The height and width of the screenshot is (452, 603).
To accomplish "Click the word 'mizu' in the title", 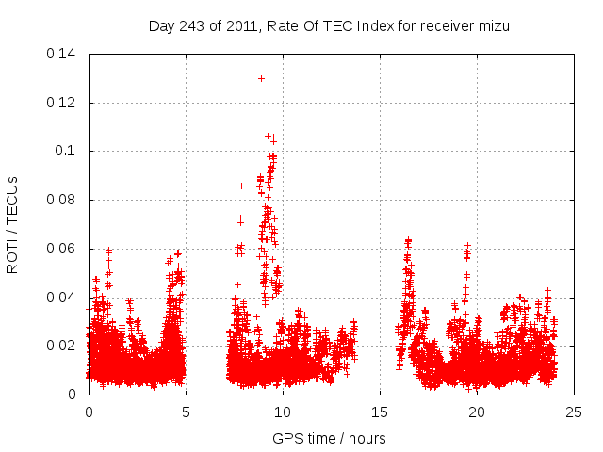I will click(491, 26).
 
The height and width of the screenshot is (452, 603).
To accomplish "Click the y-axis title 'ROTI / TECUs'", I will click(13, 223).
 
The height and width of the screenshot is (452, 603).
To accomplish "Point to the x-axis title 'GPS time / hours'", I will click(329, 438).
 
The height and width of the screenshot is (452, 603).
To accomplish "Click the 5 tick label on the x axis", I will click(186, 412).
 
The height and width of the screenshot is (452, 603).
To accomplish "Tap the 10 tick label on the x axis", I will click(283, 412).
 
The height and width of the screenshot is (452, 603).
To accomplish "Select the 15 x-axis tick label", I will click(381, 412).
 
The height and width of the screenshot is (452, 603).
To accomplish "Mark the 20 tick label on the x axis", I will click(478, 412).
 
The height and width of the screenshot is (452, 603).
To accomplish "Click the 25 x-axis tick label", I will click(575, 412).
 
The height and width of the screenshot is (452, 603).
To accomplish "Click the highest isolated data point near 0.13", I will click(261, 78).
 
